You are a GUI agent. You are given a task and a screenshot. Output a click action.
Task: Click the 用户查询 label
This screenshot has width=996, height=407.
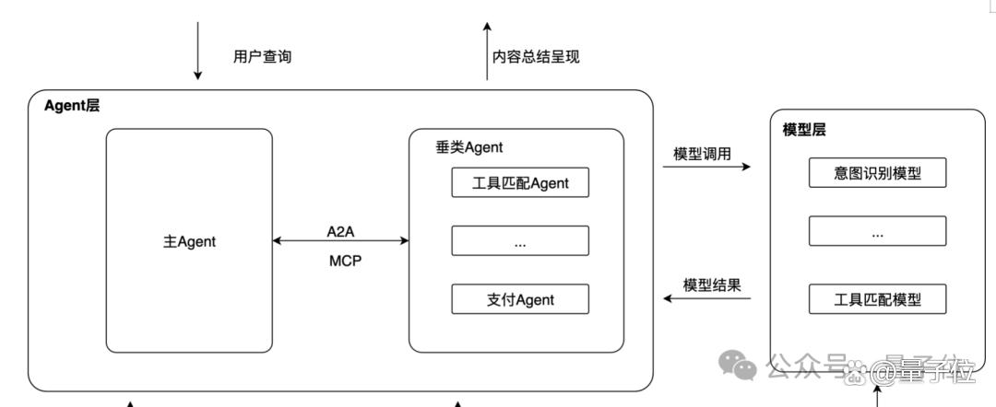pyautogui.click(x=262, y=56)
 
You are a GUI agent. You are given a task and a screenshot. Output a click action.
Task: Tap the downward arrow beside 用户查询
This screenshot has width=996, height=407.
pyautogui.click(x=197, y=51)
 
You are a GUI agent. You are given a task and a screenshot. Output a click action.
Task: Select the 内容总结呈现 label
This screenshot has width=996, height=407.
pyautogui.click(x=536, y=56)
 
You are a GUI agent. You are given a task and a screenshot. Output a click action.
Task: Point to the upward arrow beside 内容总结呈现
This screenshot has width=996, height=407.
pyautogui.click(x=487, y=51)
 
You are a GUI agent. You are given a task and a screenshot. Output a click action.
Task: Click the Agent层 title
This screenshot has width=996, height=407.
pyautogui.click(x=72, y=106)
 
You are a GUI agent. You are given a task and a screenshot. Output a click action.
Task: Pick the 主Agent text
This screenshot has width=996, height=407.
pyautogui.click(x=189, y=241)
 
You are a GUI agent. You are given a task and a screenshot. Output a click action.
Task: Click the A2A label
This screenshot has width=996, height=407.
pyautogui.click(x=340, y=232)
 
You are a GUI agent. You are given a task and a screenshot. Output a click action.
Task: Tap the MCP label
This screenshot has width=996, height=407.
pyautogui.click(x=345, y=262)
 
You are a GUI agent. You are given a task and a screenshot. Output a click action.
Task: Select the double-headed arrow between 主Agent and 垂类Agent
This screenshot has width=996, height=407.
pyautogui.click(x=340, y=241)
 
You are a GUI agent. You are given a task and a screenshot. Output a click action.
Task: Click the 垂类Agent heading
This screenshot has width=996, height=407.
pyautogui.click(x=468, y=147)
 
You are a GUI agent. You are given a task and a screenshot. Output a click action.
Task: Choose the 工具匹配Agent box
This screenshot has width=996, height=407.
pyautogui.click(x=520, y=182)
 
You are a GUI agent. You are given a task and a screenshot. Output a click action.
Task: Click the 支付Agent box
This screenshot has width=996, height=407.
pyautogui.click(x=520, y=299)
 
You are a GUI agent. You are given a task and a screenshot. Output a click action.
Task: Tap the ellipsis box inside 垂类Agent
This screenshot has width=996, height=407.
pyautogui.click(x=520, y=241)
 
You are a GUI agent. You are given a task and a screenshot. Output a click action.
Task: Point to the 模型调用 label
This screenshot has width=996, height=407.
pyautogui.click(x=702, y=154)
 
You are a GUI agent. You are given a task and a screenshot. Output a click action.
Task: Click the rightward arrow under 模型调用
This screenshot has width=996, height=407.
pyautogui.click(x=706, y=167)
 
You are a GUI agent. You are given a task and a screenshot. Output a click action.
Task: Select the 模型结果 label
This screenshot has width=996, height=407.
pyautogui.click(x=712, y=285)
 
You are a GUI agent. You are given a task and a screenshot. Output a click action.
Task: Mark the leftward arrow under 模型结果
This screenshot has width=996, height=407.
pyautogui.click(x=707, y=298)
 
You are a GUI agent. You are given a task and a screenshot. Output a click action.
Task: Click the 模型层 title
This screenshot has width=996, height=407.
pyautogui.click(x=804, y=131)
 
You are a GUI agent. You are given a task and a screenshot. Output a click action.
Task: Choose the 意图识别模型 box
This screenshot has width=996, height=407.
pyautogui.click(x=877, y=173)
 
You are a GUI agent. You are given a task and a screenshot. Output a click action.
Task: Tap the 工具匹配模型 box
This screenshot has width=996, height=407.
pyautogui.click(x=877, y=299)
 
